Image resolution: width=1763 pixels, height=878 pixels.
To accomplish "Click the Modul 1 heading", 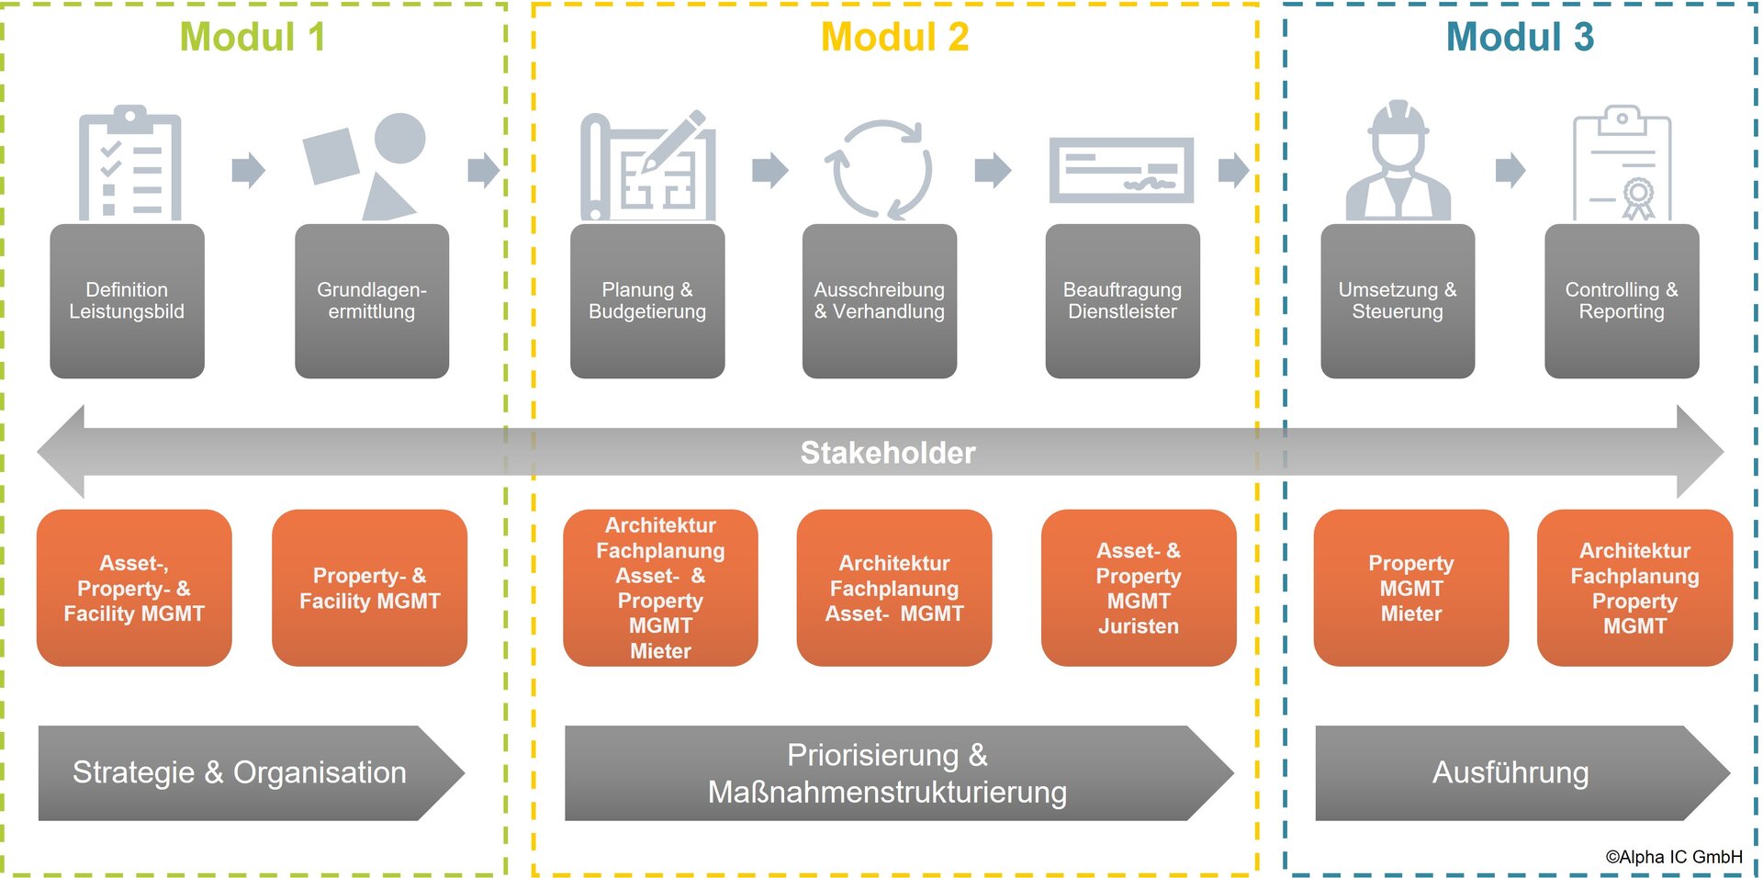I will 253,38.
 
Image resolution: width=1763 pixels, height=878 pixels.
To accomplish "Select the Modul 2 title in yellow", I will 894,38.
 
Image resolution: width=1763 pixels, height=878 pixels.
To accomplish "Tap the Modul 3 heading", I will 1520,38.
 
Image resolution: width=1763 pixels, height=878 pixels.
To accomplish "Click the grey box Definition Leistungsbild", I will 127,301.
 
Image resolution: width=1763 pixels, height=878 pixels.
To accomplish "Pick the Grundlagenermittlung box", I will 372,301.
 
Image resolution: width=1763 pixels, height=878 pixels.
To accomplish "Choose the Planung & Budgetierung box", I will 647,301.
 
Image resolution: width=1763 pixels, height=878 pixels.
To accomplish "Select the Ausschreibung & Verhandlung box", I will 880,301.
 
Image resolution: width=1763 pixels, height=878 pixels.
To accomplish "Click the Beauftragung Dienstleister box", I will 1122,301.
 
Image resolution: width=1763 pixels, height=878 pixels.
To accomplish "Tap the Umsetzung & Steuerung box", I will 1398,301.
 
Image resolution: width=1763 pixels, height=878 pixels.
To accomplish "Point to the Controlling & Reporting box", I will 1622,301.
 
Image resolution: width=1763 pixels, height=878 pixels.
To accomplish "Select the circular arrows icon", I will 879,170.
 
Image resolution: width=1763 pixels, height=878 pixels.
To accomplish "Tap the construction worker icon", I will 1398,163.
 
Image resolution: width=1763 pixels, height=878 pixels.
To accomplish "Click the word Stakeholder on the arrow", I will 888,453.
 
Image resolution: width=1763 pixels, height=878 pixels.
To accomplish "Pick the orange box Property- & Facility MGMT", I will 370,588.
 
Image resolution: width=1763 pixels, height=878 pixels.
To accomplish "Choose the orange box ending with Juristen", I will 1139,588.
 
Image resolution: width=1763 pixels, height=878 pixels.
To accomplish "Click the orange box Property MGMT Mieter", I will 1411,588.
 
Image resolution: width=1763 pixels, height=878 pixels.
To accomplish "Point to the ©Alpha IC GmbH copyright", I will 1673,857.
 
